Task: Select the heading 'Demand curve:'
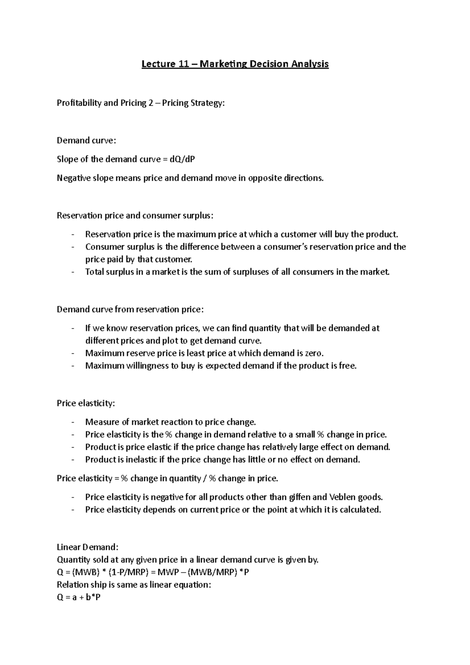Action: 87,141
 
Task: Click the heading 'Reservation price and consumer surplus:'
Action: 136,216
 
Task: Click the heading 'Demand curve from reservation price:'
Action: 130,310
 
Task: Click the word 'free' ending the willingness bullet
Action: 348,366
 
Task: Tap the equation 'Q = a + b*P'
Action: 79,598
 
